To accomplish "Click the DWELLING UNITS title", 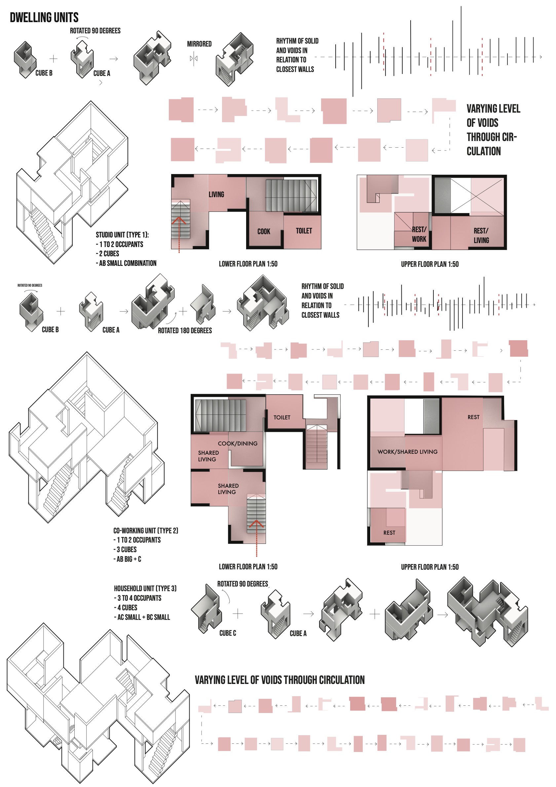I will (x=44, y=18).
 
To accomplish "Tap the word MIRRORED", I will (x=199, y=44).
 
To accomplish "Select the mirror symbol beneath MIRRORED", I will (x=194, y=58).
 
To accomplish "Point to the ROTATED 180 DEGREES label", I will (x=185, y=331).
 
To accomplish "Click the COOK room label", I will (x=264, y=232).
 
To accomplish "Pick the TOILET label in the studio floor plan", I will (x=304, y=231).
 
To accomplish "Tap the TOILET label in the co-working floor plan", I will (x=282, y=417).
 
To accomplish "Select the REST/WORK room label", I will (x=419, y=234).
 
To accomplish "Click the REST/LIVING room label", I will (x=481, y=235).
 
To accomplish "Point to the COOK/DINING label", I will (x=238, y=443).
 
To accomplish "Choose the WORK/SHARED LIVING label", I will (x=407, y=452).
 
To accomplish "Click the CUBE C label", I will (x=228, y=633).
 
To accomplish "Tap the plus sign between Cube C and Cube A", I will (x=238, y=614).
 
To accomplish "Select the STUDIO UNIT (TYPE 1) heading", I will (x=122, y=235).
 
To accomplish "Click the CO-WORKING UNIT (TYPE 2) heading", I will (x=146, y=530).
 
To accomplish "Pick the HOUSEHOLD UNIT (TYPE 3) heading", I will (x=145, y=588).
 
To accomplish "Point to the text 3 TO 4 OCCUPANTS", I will (x=139, y=598).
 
